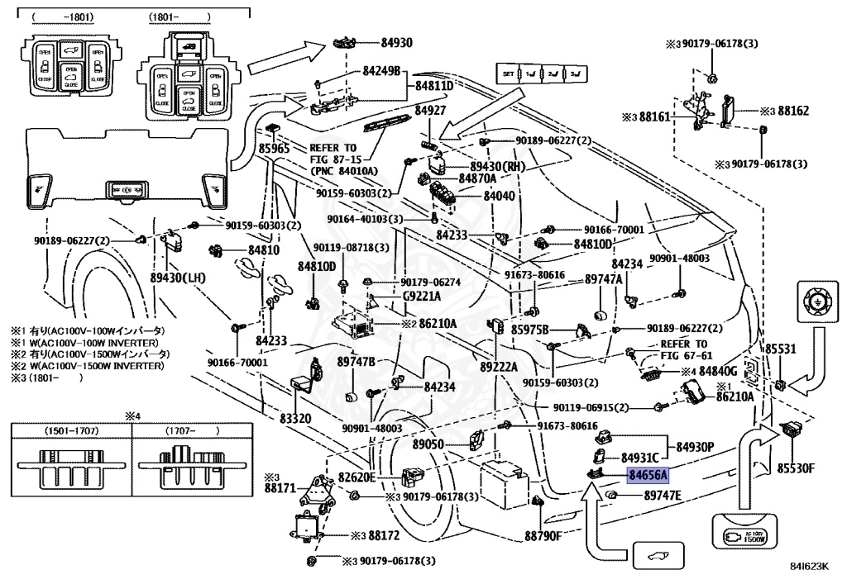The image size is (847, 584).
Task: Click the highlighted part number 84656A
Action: pyautogui.click(x=648, y=475)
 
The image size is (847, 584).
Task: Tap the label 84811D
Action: pyautogui.click(x=434, y=85)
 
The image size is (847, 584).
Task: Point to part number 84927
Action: pyautogui.click(x=430, y=110)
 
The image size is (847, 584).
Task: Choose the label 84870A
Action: pyautogui.click(x=477, y=178)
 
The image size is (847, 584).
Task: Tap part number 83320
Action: pyautogui.click(x=295, y=419)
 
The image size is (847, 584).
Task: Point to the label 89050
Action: pyautogui.click(x=429, y=444)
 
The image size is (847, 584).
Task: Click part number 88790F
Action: pyautogui.click(x=543, y=534)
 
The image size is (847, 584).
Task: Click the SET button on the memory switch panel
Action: pyautogui.click(x=508, y=74)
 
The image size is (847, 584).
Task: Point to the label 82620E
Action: pyautogui.click(x=357, y=477)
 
